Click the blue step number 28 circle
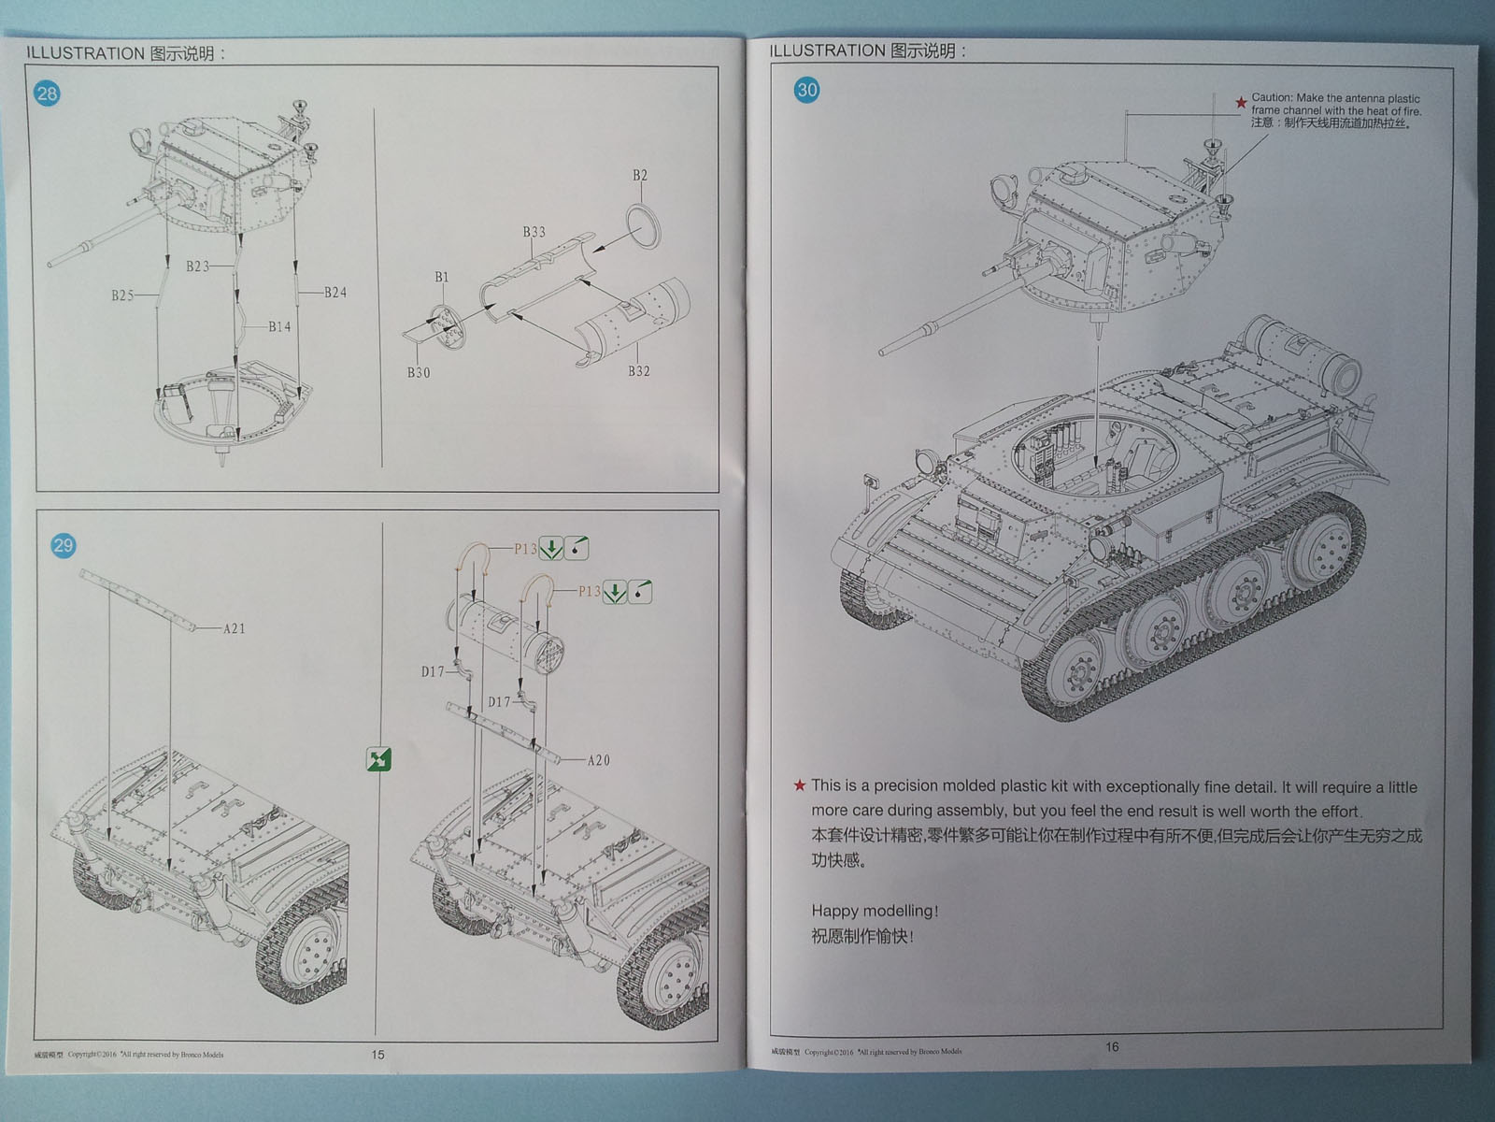(47, 93)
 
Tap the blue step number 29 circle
(63, 545)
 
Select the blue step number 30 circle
(806, 90)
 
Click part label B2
(639, 176)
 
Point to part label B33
(534, 232)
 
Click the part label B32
(638, 371)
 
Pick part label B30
(418, 372)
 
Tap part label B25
(122, 295)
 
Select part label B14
(279, 326)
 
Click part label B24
(335, 293)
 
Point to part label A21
(234, 628)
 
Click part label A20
(598, 760)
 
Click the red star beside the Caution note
(1241, 102)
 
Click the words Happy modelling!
(875, 910)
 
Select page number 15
(377, 1054)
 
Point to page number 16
(1112, 1046)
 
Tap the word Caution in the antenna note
(1272, 97)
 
